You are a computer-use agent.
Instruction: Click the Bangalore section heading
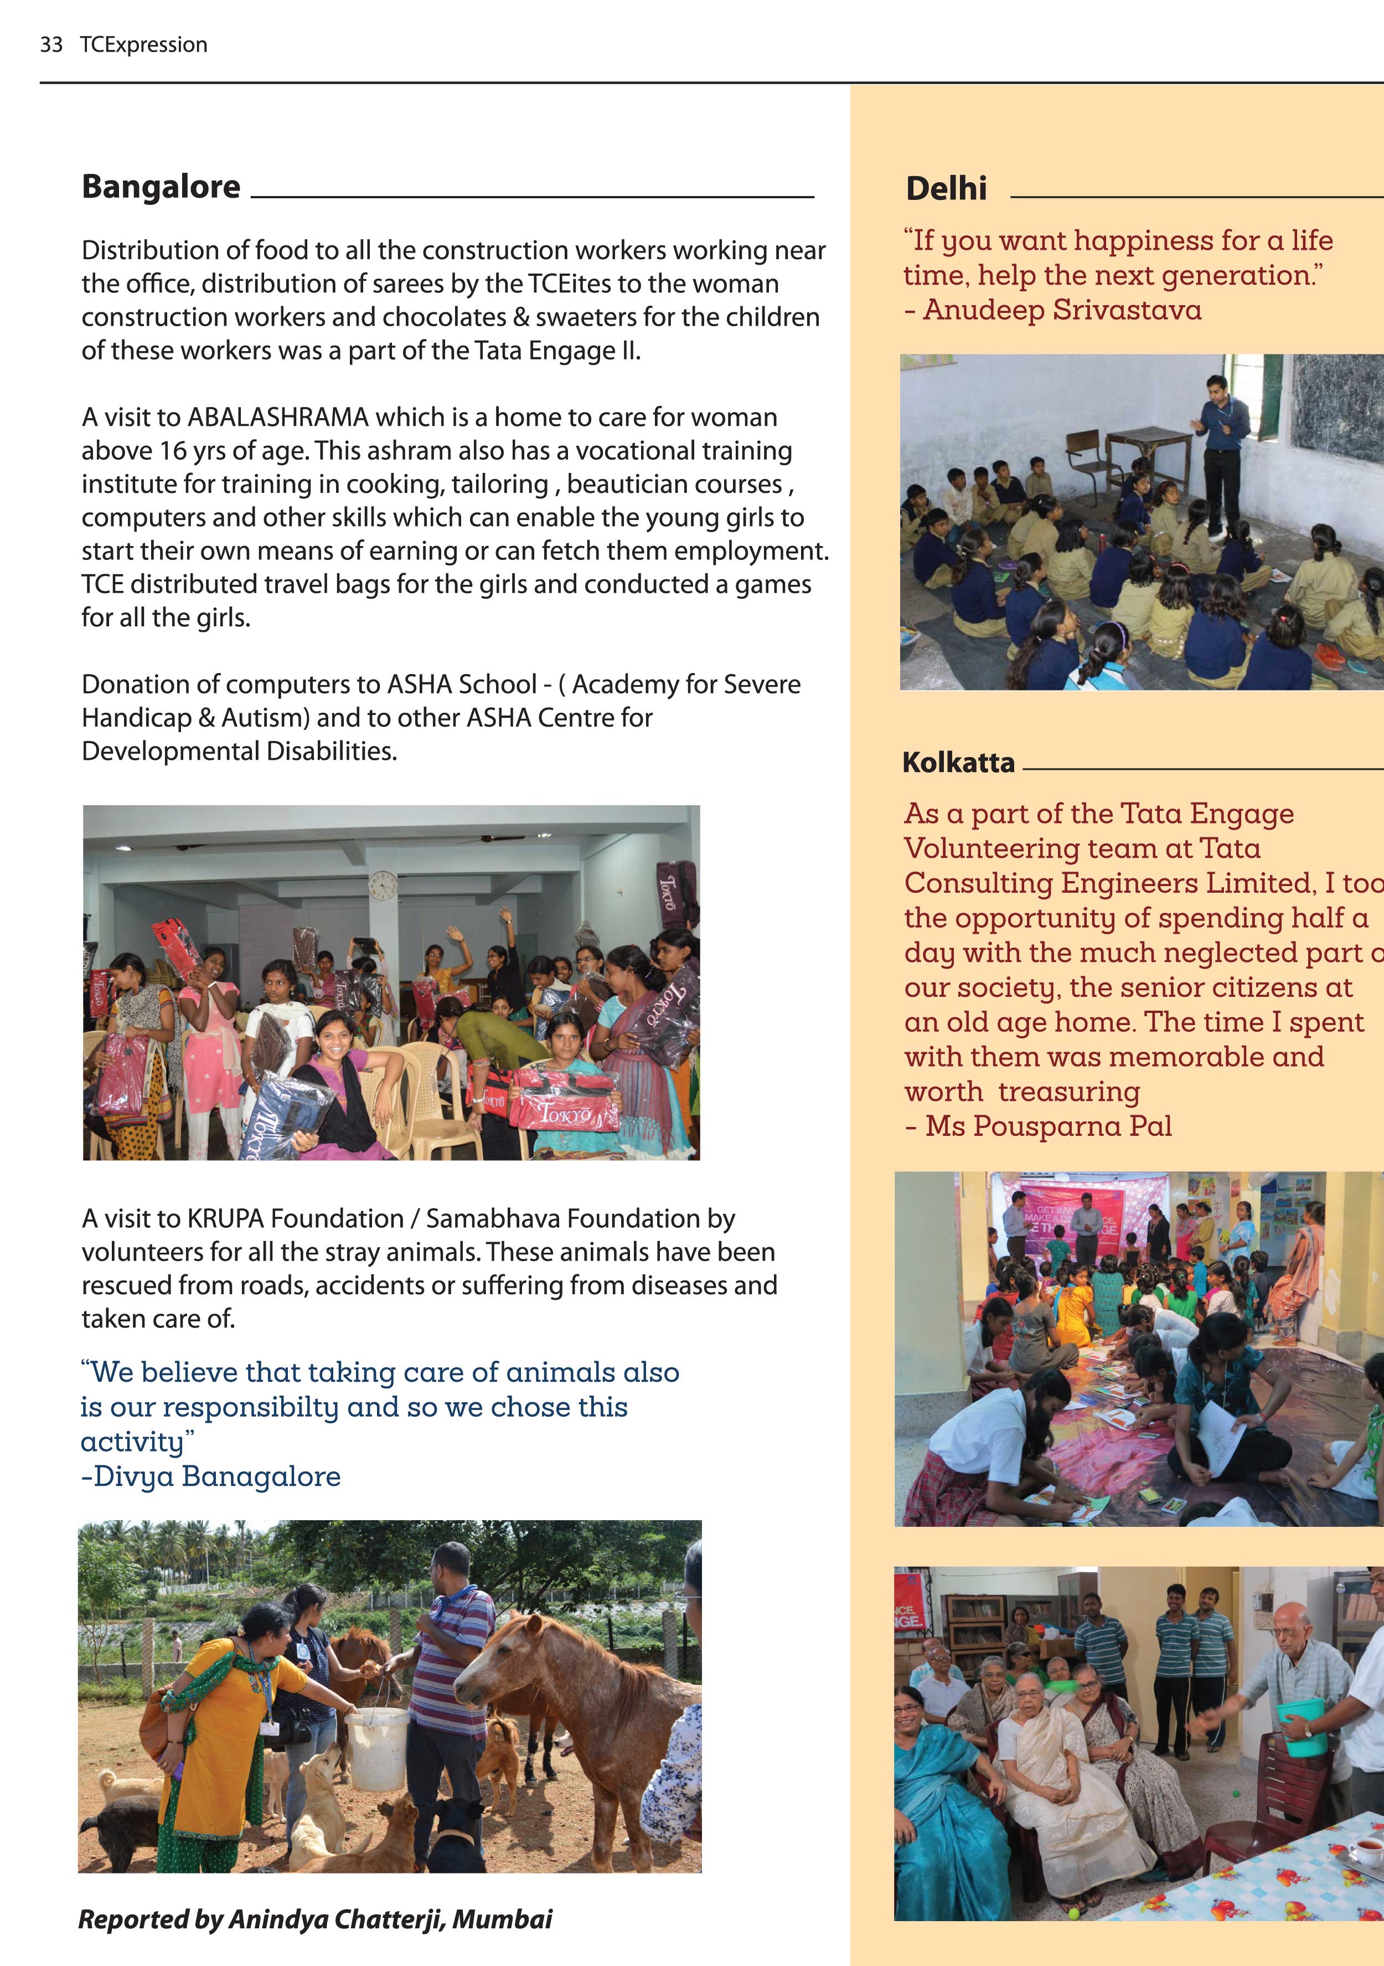[x=161, y=187]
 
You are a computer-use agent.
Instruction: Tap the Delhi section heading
[x=946, y=188]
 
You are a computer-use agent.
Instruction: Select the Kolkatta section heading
[x=958, y=762]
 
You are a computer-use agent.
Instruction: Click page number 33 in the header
[x=51, y=44]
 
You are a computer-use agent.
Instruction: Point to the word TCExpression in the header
[x=144, y=44]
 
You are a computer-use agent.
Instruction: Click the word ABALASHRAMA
[x=278, y=417]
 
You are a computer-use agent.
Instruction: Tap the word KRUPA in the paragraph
[x=226, y=1218]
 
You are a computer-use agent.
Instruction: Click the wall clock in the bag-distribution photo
[x=383, y=886]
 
